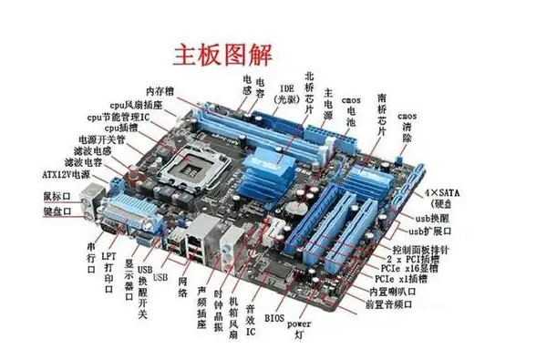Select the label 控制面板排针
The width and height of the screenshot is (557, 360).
424,249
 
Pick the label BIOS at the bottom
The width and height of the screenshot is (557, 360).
274,319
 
